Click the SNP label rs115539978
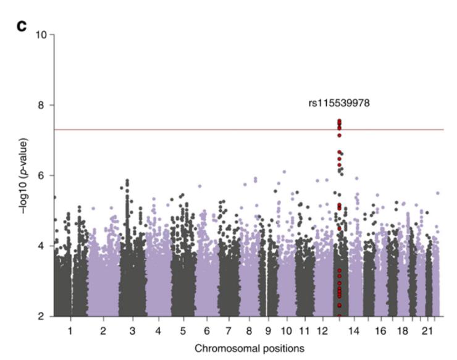click(339, 103)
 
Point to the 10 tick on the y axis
click(41, 35)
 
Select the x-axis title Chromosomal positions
click(249, 348)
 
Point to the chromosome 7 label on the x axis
click(228, 332)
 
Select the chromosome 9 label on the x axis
click(268, 332)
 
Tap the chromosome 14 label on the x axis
click(354, 332)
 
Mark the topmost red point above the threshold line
click(339, 121)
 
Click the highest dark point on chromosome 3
click(127, 181)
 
